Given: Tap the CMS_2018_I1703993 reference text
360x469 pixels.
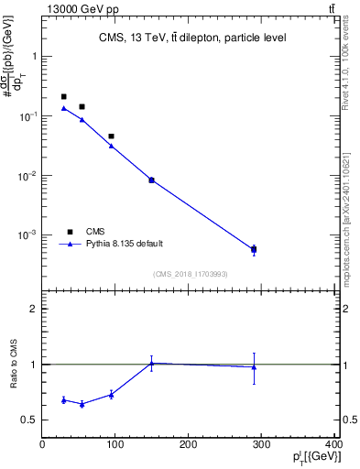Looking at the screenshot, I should pos(191,274).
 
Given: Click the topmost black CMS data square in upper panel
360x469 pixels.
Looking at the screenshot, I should pos(63,96).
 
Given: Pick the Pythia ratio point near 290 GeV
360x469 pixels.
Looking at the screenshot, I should pos(254,367).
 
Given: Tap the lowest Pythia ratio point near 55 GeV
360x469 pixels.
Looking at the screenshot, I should pos(82,404).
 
